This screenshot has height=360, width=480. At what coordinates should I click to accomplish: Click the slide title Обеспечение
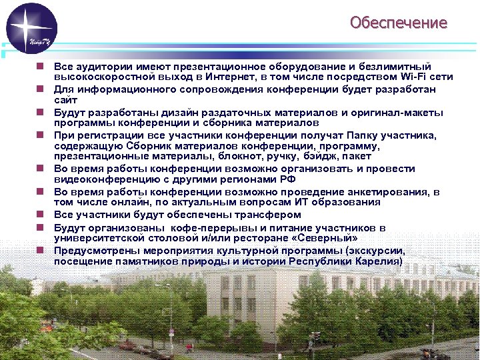pos(399,23)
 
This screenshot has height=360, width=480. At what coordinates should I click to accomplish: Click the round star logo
pos(31,28)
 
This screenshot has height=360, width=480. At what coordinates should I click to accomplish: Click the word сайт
pos(65,99)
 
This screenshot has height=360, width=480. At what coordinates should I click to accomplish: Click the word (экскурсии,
pos(375,251)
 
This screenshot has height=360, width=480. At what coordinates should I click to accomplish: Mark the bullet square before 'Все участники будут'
pos(41,215)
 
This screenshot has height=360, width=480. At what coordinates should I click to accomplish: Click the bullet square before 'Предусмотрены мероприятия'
pos(41,251)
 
